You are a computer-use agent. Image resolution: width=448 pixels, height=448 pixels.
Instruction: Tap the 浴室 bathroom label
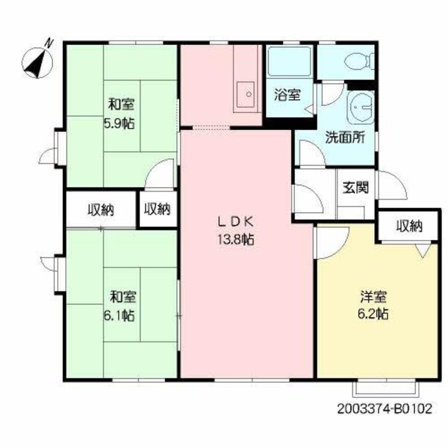[288, 95]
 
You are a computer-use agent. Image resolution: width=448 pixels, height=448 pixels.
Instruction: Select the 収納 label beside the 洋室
[409, 226]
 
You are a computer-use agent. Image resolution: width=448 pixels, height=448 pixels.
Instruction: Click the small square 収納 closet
[157, 210]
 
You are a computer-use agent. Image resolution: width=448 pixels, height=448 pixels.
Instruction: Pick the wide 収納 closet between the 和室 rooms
[101, 210]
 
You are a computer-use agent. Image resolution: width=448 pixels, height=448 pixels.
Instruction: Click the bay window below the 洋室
[385, 388]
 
